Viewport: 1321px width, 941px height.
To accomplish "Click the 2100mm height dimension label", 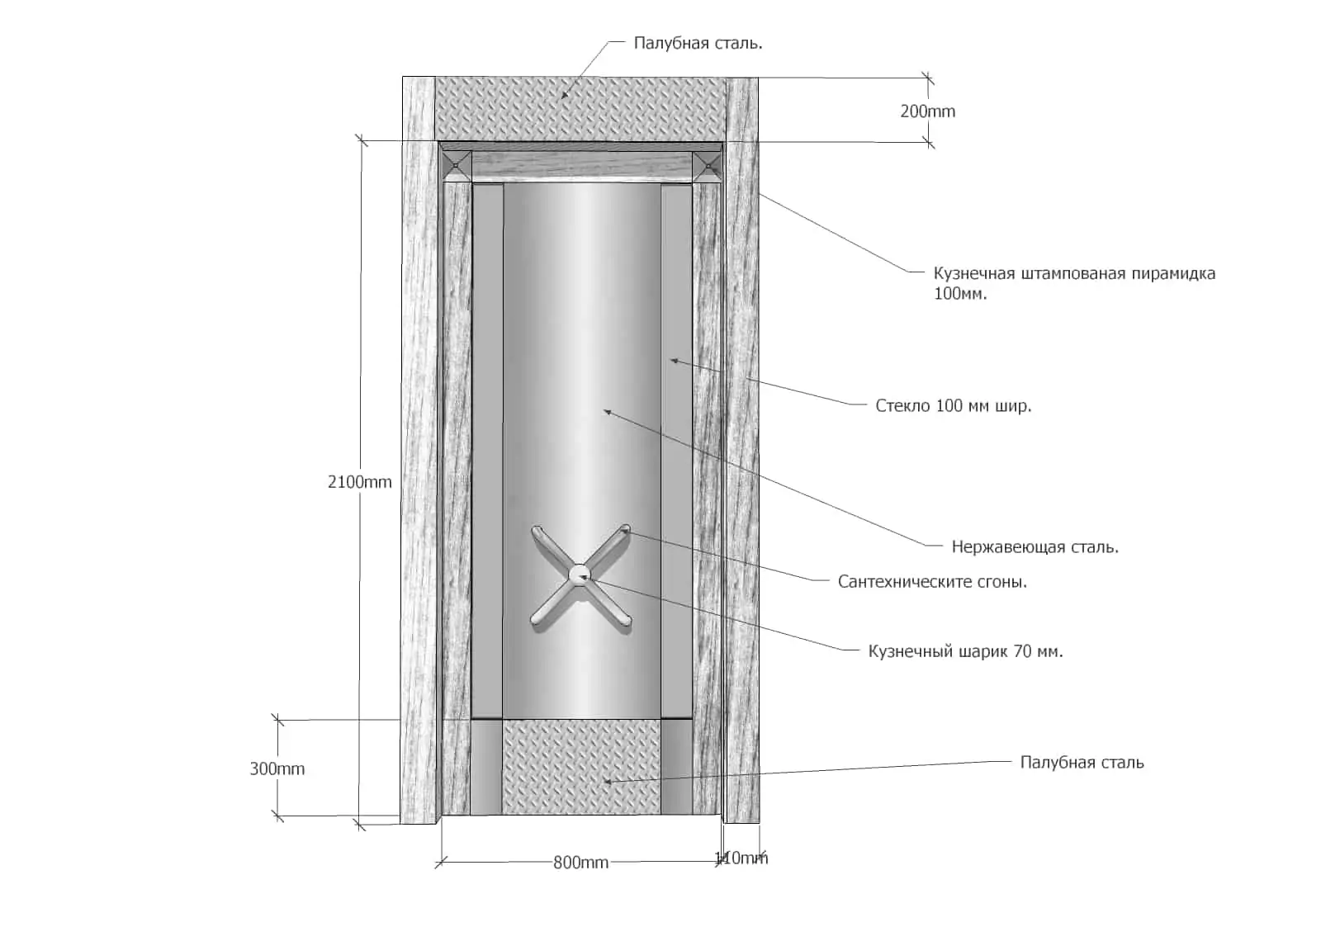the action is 360,482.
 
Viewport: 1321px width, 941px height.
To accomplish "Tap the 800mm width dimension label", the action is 581,863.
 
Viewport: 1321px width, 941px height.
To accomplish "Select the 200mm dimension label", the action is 928,111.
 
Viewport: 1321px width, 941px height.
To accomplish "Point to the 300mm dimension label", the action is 277,768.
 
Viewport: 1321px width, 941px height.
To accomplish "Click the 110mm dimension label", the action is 741,858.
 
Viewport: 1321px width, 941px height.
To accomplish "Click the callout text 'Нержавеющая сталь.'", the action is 1035,547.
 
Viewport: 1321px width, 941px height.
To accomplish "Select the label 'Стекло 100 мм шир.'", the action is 954,405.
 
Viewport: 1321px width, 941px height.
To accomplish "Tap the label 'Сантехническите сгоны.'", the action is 932,582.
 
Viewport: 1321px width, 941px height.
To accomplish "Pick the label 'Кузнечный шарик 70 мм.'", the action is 965,651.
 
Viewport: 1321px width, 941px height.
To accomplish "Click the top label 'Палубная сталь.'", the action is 698,43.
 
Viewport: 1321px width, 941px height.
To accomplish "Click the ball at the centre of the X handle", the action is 580,574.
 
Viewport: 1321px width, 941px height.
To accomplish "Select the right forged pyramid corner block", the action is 707,166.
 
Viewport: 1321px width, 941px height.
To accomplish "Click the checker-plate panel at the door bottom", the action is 581,767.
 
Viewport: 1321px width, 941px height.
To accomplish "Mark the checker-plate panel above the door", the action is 581,109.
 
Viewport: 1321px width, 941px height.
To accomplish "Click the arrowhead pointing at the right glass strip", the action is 674,360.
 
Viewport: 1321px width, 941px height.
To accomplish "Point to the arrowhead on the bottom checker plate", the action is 607,782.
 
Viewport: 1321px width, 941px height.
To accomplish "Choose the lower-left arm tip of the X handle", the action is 536,620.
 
